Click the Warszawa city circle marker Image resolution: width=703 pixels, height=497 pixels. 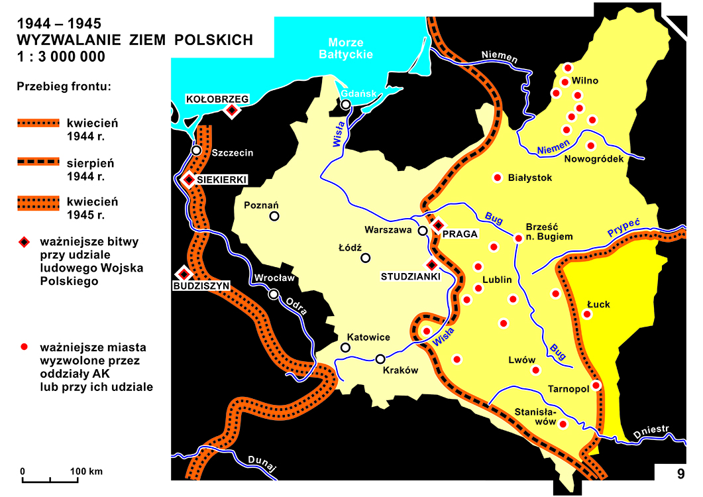coord(423,231)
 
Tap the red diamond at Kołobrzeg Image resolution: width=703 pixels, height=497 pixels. coord(231,111)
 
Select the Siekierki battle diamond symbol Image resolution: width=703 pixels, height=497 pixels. coord(189,180)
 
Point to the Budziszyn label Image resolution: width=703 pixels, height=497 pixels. coord(201,286)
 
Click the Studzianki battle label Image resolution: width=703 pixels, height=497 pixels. coord(410,276)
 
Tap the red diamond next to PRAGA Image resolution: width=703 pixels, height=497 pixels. coord(437,225)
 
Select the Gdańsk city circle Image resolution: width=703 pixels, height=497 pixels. coord(345,105)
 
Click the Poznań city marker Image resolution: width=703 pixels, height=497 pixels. coord(274,216)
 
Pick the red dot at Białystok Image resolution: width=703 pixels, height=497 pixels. coord(497,178)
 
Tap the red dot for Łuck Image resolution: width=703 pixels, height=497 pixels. coord(586,314)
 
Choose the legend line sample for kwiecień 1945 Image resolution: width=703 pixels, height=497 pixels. coord(38,202)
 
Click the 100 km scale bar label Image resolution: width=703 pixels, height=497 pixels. coord(87,472)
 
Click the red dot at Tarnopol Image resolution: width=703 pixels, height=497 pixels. coord(596,385)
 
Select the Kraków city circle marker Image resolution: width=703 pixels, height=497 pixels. coord(380,359)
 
